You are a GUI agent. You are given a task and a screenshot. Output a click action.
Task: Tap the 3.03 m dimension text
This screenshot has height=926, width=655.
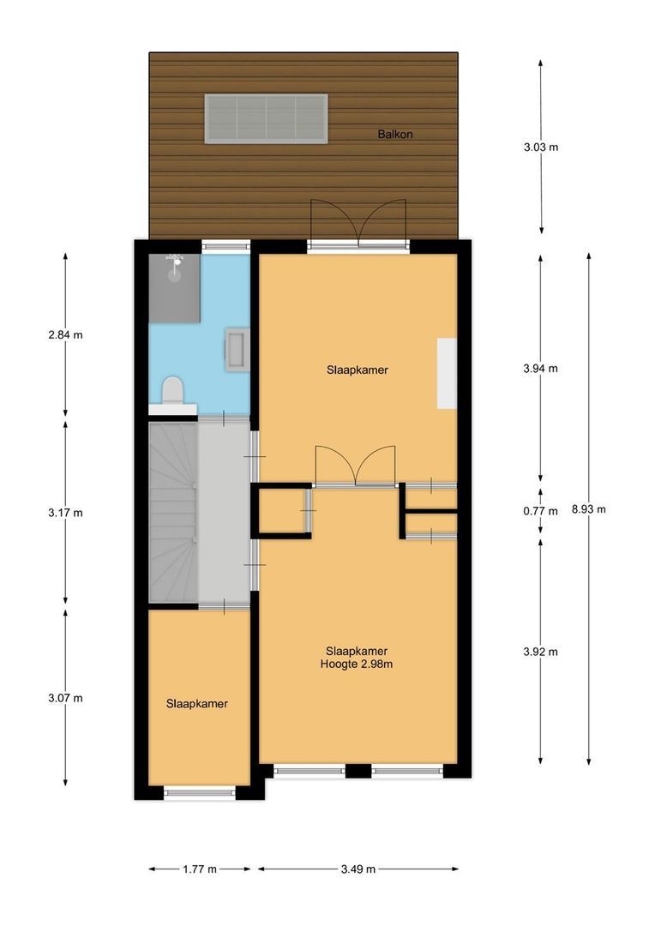point(541,147)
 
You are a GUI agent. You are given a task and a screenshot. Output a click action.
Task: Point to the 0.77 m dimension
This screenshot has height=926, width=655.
point(540,511)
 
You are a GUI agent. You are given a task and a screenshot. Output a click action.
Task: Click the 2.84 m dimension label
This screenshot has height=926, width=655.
point(66,334)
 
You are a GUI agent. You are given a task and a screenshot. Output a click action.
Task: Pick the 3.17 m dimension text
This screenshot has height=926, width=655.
point(66,513)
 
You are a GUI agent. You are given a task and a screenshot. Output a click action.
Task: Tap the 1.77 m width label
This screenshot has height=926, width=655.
point(200,869)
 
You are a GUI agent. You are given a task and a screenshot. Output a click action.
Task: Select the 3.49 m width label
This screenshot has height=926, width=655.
point(358,869)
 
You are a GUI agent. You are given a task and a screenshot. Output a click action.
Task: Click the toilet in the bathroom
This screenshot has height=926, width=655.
point(172,390)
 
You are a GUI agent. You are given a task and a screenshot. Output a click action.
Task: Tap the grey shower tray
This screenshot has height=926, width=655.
point(175,288)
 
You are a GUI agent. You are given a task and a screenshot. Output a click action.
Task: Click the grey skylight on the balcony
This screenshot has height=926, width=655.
point(266,118)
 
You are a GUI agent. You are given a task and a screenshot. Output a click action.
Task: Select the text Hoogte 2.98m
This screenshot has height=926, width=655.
point(357,663)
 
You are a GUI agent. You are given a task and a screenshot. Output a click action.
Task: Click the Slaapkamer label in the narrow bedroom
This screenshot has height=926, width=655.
point(197,703)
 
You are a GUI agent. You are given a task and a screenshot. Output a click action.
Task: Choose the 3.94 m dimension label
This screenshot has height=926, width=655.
point(541,369)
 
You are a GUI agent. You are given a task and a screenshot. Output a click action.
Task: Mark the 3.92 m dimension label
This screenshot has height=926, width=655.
point(541,652)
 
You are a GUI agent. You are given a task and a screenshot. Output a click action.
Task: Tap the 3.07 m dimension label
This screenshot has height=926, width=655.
point(66,697)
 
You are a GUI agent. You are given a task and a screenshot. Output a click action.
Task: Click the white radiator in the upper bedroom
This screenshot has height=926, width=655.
point(446,373)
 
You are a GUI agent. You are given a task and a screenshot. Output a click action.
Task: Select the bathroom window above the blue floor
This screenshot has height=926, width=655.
point(225,245)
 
